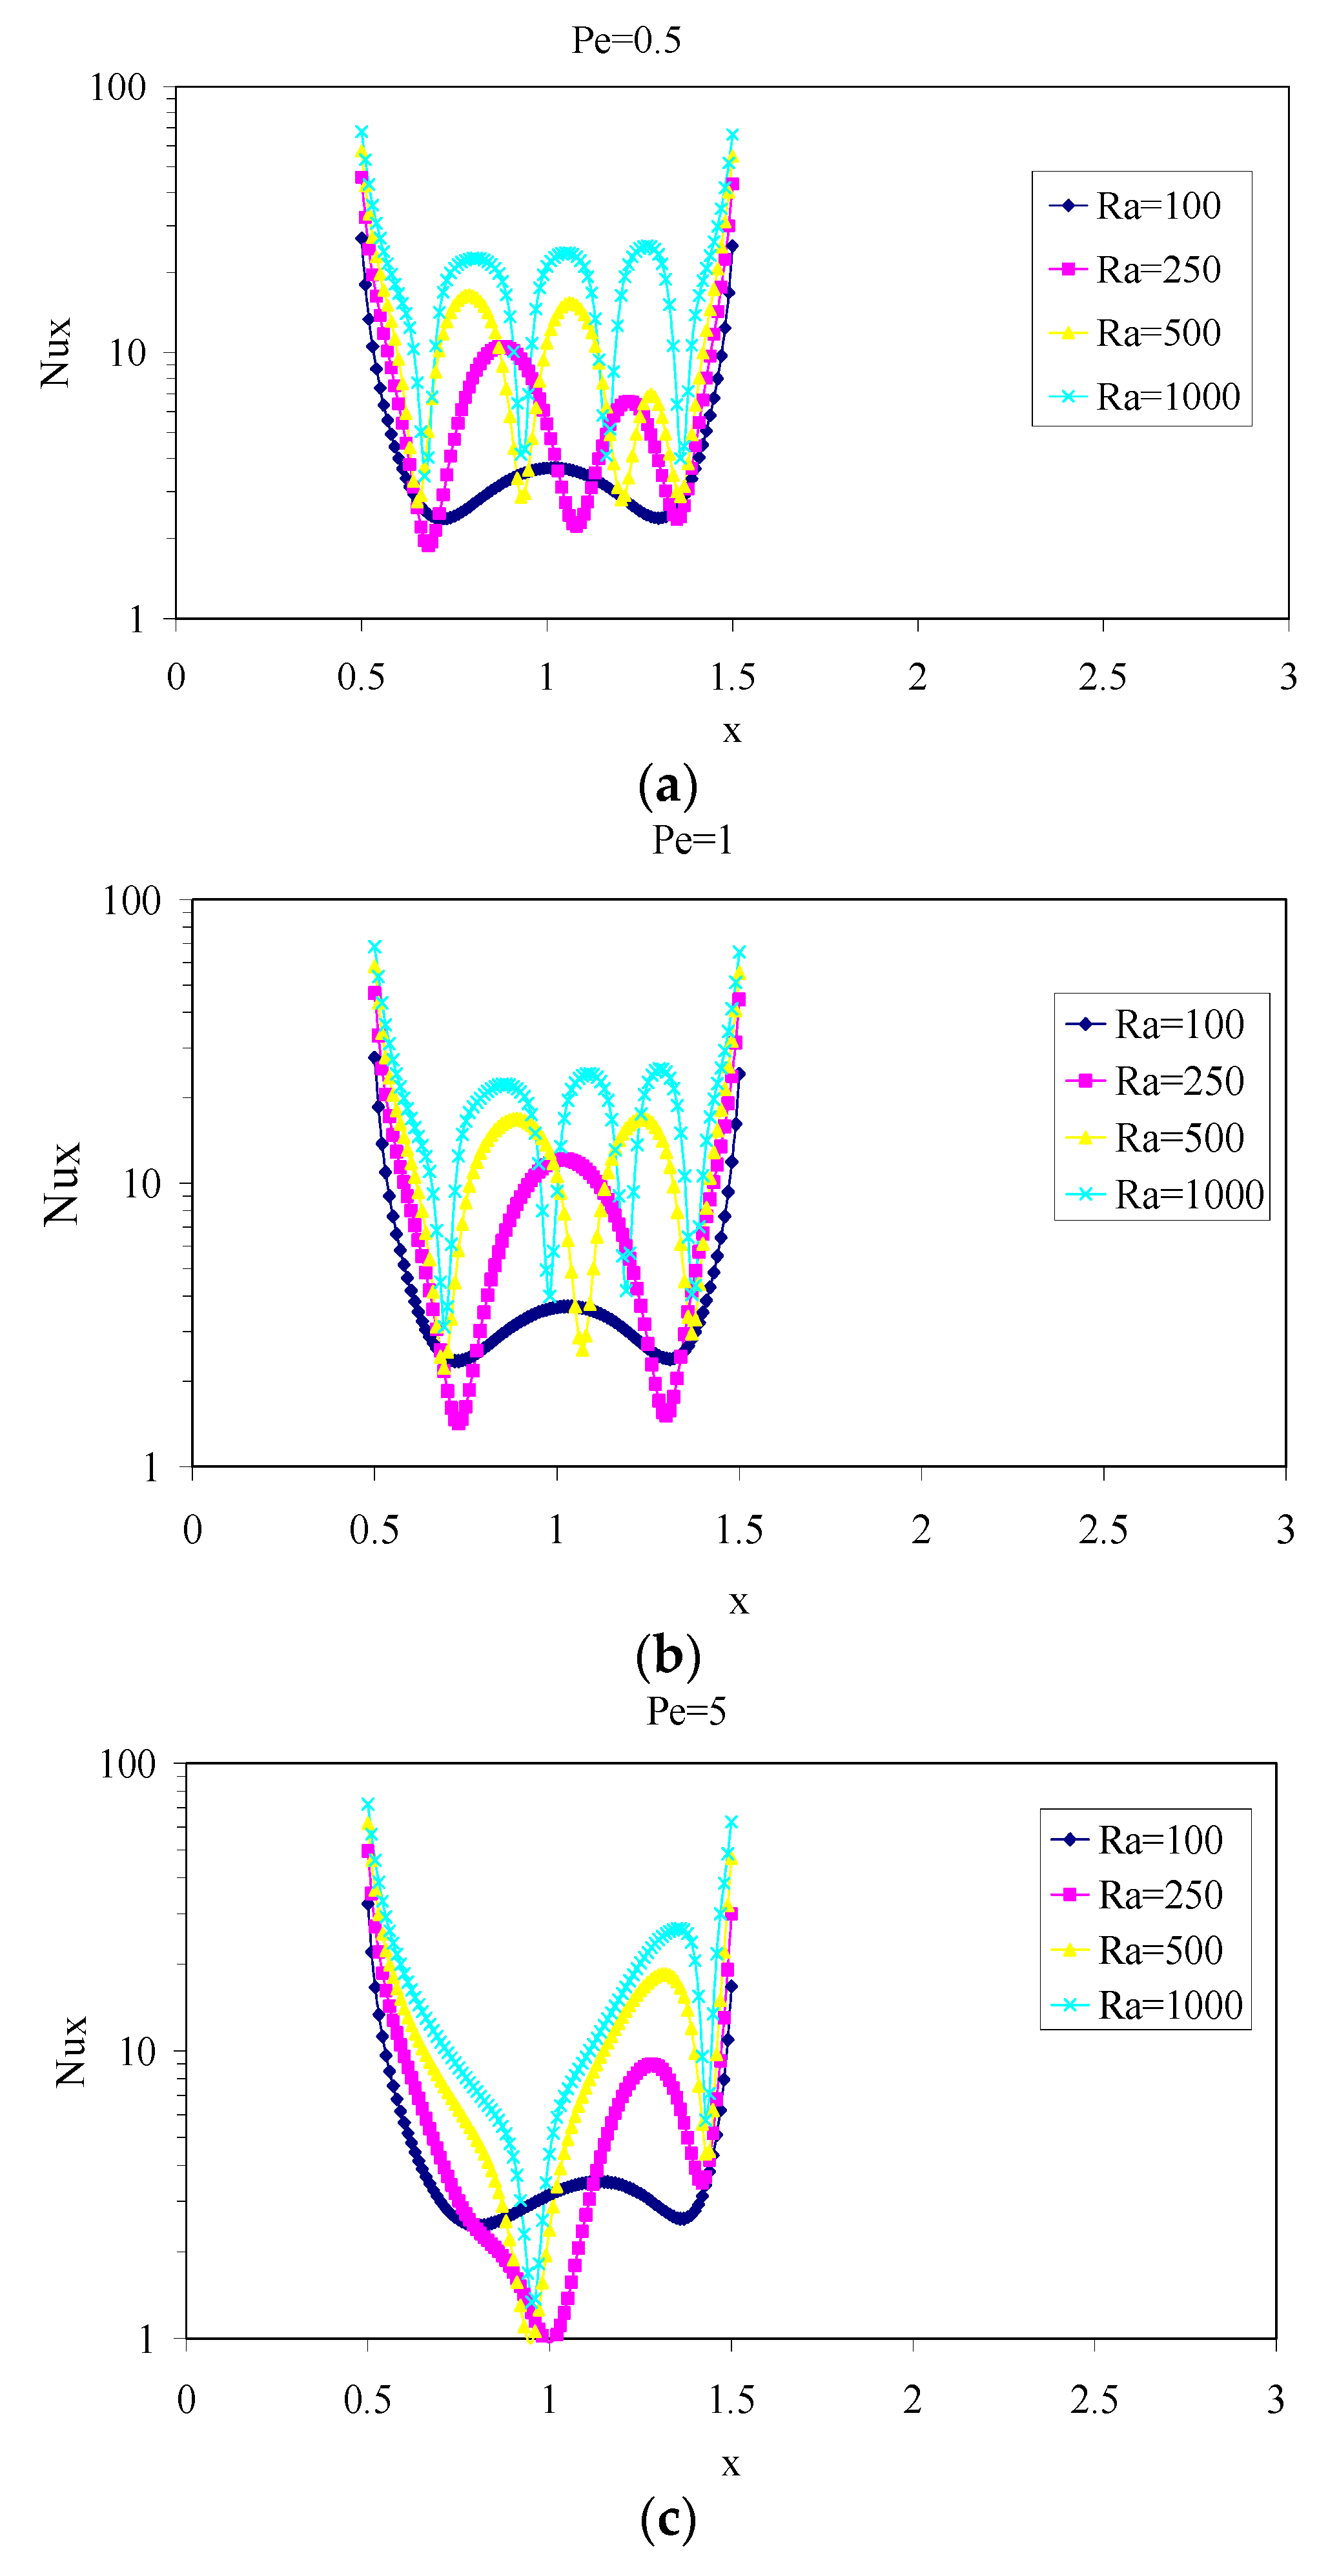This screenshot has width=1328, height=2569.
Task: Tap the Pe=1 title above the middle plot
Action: pos(693,840)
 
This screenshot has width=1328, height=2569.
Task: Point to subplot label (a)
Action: pos(668,786)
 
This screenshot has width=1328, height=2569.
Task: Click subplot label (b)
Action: pos(668,1657)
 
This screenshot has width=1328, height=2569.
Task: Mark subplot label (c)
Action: pos(668,2519)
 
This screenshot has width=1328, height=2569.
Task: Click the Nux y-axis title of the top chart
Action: pos(56,352)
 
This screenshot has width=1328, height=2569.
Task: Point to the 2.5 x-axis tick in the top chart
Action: pos(1103,677)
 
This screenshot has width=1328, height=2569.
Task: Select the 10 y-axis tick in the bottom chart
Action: pos(138,2052)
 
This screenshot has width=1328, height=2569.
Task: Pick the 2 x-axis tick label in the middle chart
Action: pos(921,1530)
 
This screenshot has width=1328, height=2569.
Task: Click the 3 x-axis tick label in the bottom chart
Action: pos(1275,2399)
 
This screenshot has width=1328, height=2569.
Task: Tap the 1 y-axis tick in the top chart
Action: pos(137,619)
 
